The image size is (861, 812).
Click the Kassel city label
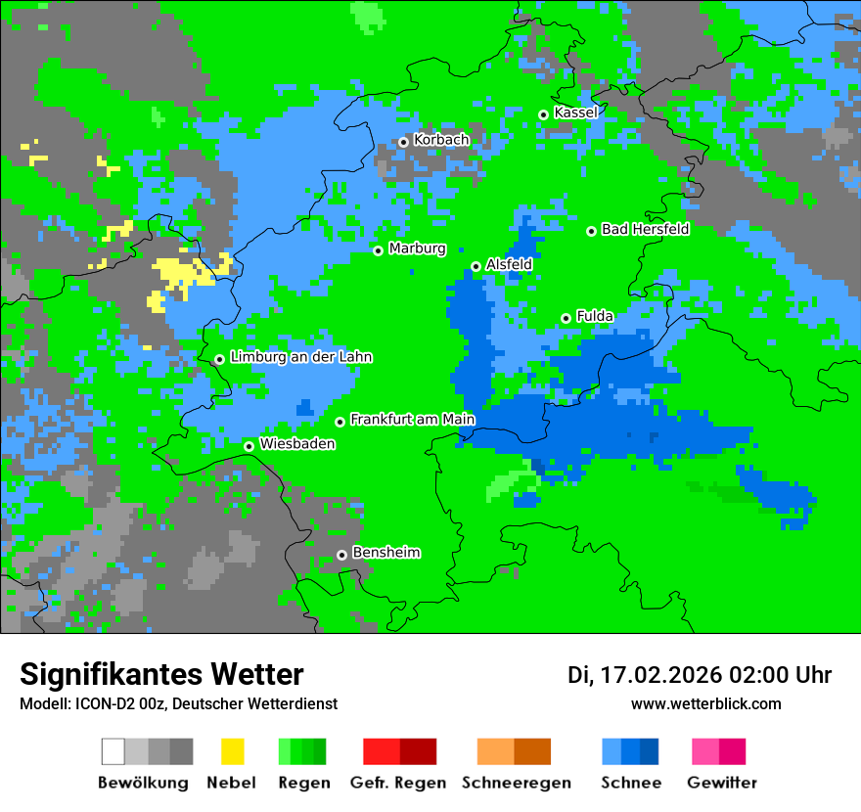575,113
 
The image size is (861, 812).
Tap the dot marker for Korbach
403,142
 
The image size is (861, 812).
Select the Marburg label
417,248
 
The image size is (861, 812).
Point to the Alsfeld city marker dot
476,266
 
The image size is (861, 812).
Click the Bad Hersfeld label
645,230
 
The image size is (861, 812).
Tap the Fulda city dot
566,318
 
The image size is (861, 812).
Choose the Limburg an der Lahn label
300,357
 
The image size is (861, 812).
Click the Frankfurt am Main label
412,420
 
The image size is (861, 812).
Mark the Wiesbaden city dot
249,446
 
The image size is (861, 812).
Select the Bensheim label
385,553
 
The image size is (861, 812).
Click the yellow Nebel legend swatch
232,751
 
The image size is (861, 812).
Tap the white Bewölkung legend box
113,751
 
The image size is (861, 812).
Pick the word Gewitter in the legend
722,783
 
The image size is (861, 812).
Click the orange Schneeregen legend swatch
495,751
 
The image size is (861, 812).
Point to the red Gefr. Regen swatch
381,751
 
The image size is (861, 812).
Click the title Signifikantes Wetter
161,674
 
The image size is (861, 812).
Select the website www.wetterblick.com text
705,703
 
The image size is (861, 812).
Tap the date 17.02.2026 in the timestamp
660,675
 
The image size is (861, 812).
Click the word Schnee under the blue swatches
631,783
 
